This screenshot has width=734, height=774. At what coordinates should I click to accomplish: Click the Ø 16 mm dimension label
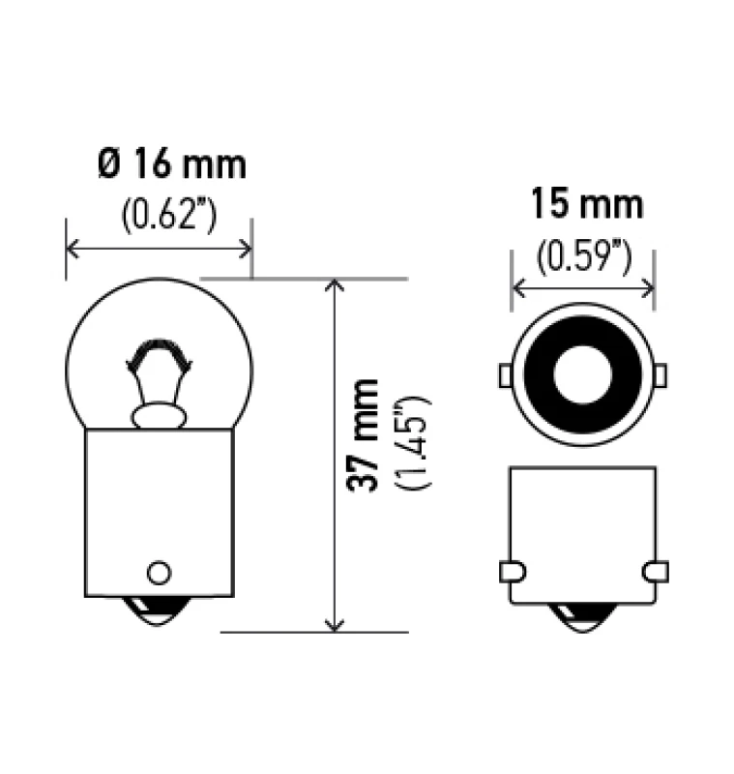tap(171, 164)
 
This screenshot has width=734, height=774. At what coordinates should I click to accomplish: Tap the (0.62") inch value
tap(168, 214)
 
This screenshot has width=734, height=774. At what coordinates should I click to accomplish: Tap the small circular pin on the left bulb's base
tap(158, 570)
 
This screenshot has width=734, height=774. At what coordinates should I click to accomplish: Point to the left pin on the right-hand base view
tap(510, 572)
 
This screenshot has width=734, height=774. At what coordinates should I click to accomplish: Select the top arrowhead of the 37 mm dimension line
tap(335, 286)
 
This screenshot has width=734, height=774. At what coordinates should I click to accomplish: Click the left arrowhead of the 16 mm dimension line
tap(73, 249)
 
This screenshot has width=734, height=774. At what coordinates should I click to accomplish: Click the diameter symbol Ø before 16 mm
tap(109, 164)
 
